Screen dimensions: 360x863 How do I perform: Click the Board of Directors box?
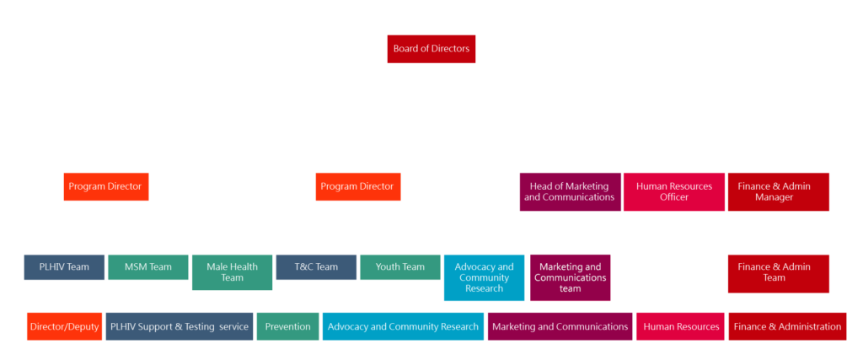coord(431,49)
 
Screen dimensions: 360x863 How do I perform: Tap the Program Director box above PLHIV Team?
coord(106,186)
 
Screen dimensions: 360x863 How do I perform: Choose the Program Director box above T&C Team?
coord(358,186)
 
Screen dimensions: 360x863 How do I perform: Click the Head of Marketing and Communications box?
coord(570,191)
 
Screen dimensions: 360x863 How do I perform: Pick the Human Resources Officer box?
coord(673,191)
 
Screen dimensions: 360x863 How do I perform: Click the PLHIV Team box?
coord(64,267)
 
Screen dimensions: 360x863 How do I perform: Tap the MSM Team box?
coord(147,267)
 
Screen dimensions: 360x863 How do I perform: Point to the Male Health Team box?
coord(232,272)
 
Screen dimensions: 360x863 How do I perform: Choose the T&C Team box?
coord(316,267)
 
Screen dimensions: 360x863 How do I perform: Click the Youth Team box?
coord(399,267)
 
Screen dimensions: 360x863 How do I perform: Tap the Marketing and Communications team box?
coord(571,277)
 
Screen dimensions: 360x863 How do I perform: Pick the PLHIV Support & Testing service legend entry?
coord(180,326)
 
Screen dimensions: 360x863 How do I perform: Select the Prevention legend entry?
coord(287,326)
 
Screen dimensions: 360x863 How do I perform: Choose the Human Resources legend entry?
coord(681,326)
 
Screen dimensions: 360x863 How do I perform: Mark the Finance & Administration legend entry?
coord(787,326)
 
